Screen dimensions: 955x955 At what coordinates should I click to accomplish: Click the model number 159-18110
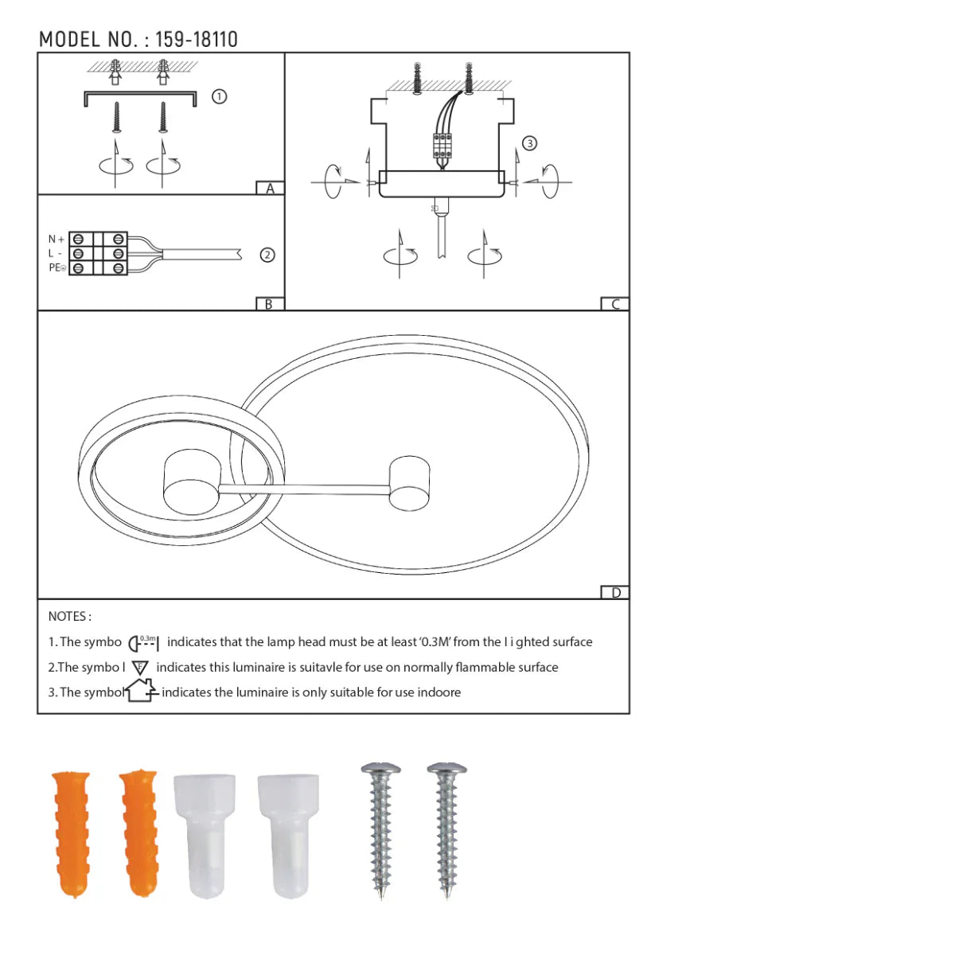coord(196,39)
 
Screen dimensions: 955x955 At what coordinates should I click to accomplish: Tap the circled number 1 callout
coord(220,96)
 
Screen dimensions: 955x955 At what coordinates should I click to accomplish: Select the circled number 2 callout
coord(267,255)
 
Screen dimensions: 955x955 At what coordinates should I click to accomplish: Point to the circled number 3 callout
coord(529,143)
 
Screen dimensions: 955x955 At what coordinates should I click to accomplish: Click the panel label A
coord(270,189)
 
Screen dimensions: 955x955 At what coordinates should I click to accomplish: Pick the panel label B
coord(269,304)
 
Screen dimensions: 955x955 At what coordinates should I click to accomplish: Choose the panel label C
coord(614,304)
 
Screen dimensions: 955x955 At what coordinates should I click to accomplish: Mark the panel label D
coord(614,592)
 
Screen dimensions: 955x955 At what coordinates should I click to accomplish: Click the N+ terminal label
coord(56,239)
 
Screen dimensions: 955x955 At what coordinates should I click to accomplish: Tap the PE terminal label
coord(57,267)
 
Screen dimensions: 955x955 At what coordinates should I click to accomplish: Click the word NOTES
coord(69,616)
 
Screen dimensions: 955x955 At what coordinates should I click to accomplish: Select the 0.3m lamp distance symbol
coord(143,642)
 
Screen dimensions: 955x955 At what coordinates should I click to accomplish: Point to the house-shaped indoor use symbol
coord(141,690)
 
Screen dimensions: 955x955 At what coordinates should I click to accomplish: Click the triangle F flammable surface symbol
coord(140,668)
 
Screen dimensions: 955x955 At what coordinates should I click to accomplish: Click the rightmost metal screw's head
coord(446,770)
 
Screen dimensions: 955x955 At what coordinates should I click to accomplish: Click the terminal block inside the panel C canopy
coord(442,146)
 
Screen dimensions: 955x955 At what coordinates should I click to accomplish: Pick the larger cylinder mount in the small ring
coord(191,482)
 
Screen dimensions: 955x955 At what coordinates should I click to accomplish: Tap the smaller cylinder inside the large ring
coord(409,483)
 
